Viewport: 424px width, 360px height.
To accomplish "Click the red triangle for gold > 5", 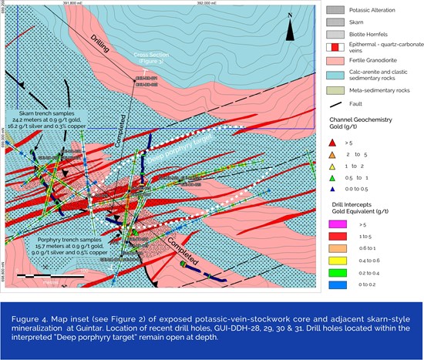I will pyautogui.click(x=334, y=143).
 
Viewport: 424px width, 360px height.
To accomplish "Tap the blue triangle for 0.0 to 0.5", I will pyautogui.click(x=334, y=187).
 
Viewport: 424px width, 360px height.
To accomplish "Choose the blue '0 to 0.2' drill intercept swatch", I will pyautogui.click(x=336, y=284).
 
